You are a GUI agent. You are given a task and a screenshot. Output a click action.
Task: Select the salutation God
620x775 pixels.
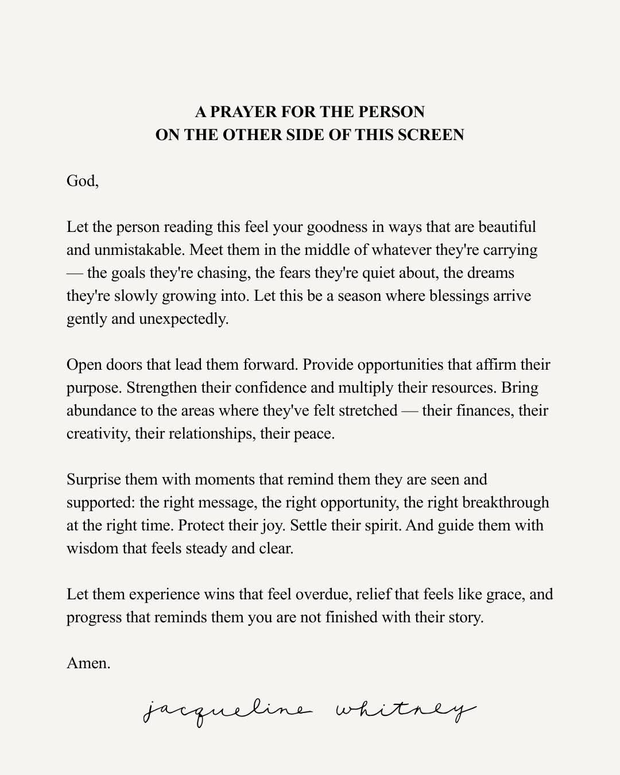coord(82,181)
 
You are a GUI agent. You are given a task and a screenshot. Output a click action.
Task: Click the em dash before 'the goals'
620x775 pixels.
coord(75,273)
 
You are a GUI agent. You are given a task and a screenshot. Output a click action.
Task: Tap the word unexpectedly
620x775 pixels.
coord(184,319)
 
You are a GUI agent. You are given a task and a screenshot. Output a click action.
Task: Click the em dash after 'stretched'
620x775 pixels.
coord(409,410)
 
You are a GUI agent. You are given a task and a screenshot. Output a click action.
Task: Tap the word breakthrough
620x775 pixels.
coord(505,502)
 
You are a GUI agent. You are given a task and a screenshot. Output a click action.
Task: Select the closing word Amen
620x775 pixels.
coord(88,663)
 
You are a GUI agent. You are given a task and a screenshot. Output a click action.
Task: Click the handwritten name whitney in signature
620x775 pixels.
coord(405,712)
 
